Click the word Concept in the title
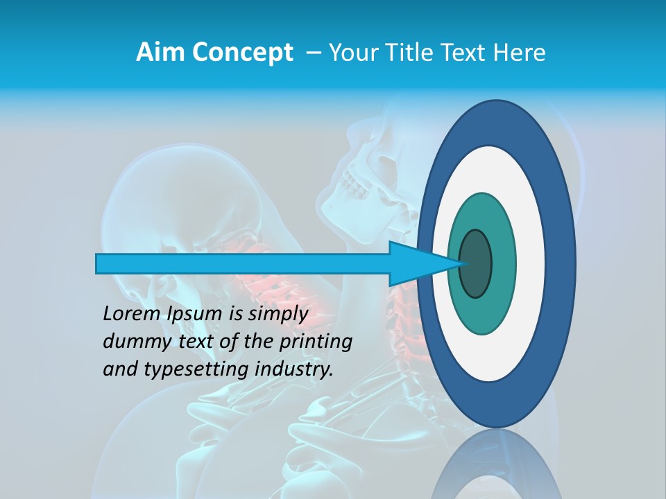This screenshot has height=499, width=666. coord(243,53)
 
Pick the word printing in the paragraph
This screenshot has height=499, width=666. coord(315,342)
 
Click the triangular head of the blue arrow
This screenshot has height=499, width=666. coord(416,264)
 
